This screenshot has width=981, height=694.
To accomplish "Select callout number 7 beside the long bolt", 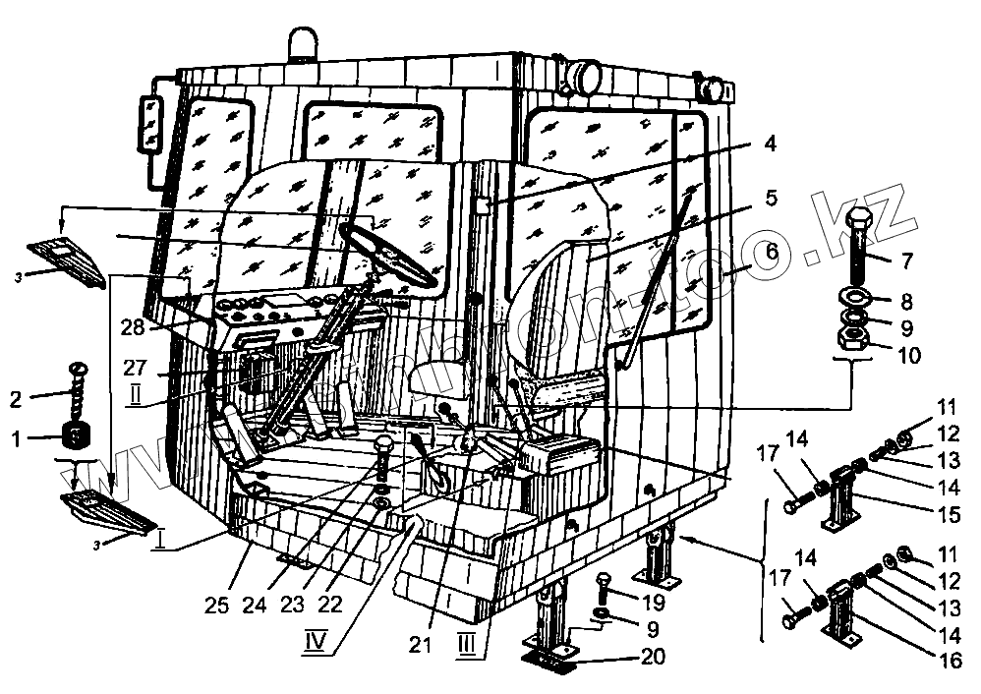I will pos(904,260).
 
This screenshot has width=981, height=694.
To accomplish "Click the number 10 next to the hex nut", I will pos(908,355).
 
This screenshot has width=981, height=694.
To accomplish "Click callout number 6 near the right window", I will pos(771,253).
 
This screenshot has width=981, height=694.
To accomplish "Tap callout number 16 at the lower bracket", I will pos(951,661).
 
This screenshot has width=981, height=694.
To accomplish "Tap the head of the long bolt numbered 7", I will pos(856,221).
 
